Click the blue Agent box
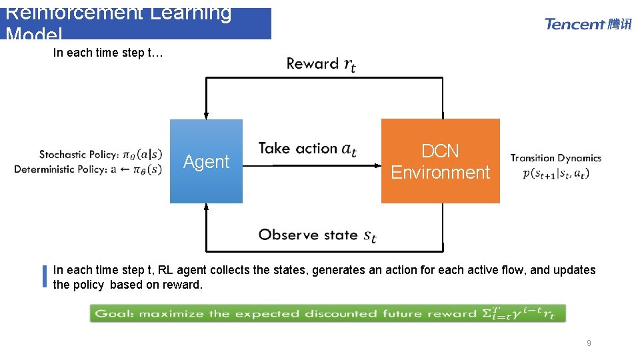206,161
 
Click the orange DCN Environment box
440,161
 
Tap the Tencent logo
587,24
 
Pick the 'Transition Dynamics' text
555,158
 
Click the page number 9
588,343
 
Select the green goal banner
327,313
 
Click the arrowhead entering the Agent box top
207,115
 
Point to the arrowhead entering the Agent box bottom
207,207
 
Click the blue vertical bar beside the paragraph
45,277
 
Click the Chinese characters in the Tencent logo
619,24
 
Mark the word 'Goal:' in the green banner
114,313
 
